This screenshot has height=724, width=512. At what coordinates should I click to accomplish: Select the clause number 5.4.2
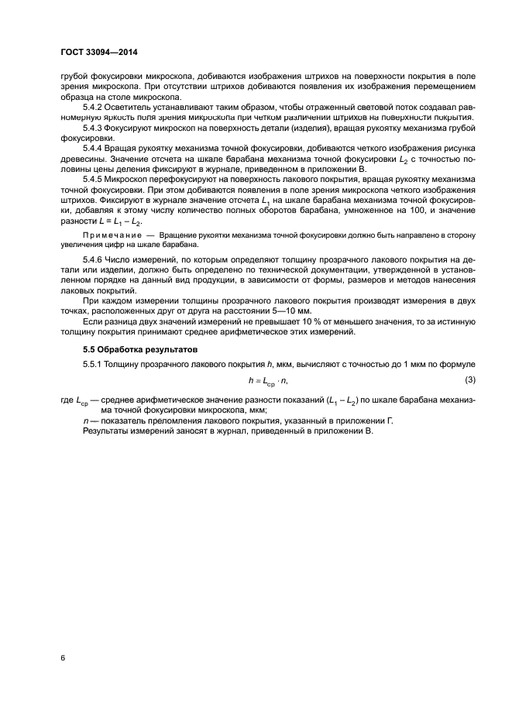click(94, 107)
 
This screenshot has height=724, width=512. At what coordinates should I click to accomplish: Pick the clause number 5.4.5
click(94, 178)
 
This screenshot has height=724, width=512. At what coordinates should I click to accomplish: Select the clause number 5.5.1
click(94, 363)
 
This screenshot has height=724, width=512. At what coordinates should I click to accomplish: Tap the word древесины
click(80, 157)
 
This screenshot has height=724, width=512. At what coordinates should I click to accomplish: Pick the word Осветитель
click(134, 107)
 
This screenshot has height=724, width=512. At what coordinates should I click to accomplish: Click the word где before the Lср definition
click(67, 400)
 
